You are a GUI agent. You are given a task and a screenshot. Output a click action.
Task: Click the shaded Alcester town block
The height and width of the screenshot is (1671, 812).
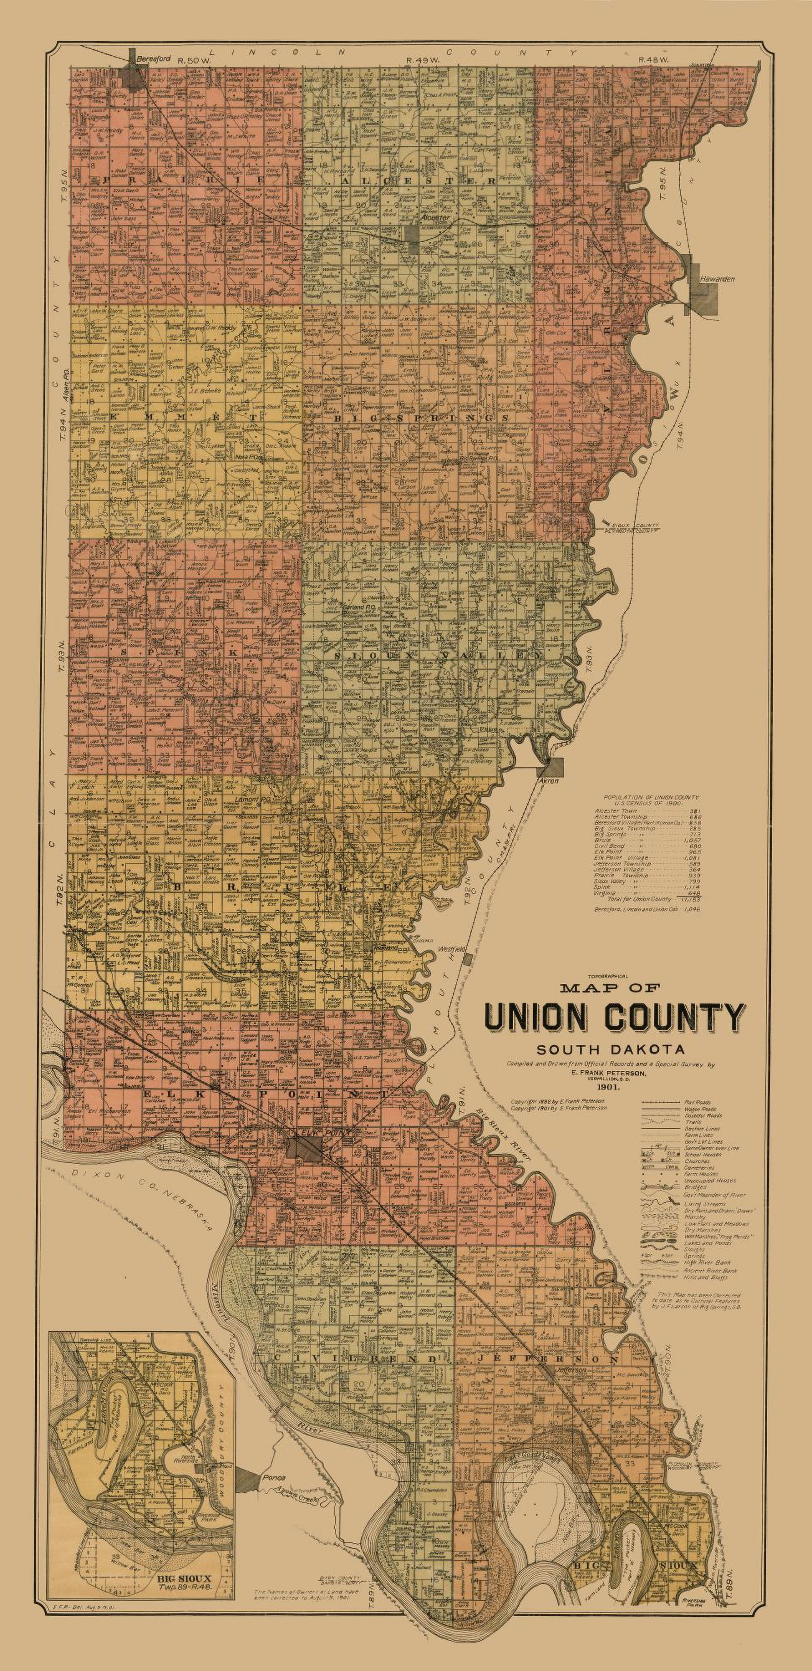click(x=413, y=234)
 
